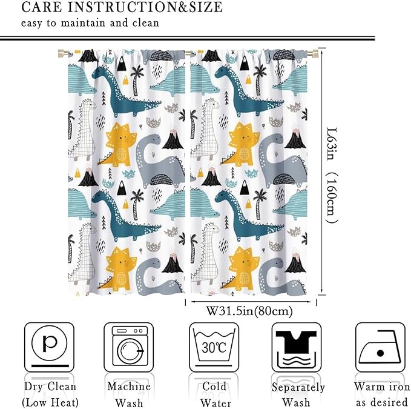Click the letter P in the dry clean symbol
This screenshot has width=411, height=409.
pyautogui.click(x=49, y=344)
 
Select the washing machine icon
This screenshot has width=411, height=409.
pyautogui.click(x=128, y=347)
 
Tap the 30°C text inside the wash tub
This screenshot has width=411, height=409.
pyautogui.click(x=214, y=348)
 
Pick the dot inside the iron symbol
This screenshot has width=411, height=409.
pyautogui.click(x=380, y=353)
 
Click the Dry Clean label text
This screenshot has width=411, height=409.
pyautogui.click(x=50, y=387)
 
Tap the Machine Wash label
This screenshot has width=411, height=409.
pyautogui.click(x=128, y=393)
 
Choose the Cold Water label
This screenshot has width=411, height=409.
pyautogui.click(x=214, y=393)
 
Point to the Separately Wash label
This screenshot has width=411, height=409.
pyautogui.click(x=298, y=394)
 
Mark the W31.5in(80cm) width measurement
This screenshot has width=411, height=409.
pyautogui.click(x=249, y=311)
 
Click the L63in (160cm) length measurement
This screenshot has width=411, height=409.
pyautogui.click(x=330, y=172)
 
